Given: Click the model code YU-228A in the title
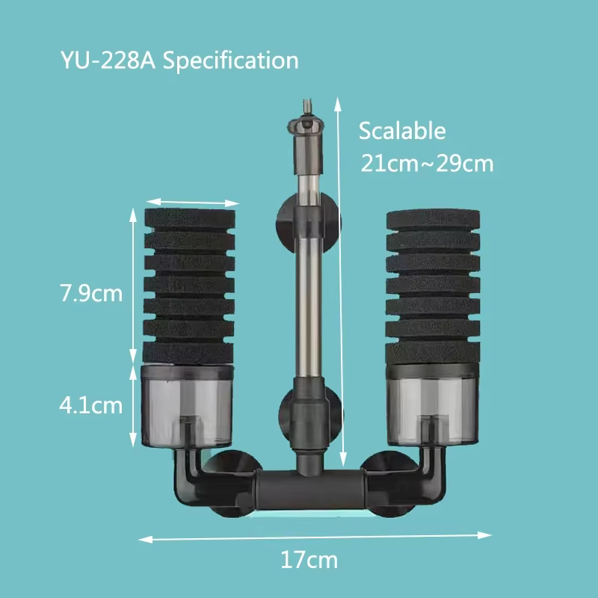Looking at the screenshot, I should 106,61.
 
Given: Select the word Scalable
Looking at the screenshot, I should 402,131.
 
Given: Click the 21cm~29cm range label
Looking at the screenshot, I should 427,163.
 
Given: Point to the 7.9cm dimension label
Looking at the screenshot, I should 90,292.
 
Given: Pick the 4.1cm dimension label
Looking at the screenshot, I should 90,406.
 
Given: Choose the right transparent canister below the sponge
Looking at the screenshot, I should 430,407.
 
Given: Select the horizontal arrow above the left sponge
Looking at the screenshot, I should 192,202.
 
